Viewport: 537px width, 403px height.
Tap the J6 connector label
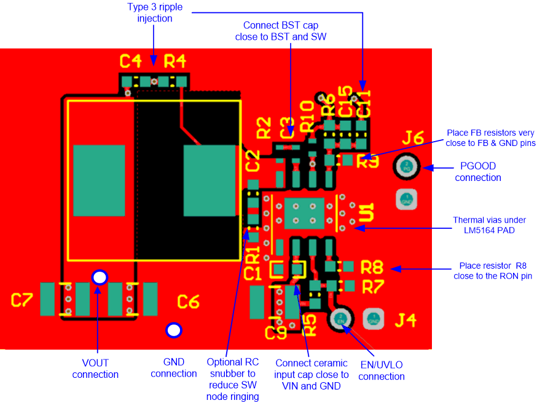414,139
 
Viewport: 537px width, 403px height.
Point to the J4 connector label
405,320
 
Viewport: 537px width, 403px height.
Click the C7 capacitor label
22,300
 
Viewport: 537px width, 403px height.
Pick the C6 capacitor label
188,301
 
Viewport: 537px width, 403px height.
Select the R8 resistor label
372,267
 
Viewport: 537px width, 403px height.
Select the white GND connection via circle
174,331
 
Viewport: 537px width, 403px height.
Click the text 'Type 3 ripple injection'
155,12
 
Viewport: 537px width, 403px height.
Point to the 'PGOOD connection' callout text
478,172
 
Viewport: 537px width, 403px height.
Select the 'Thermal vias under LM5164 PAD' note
490,225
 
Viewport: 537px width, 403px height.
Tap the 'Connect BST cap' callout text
280,31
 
